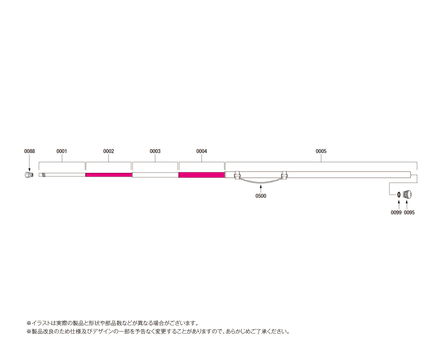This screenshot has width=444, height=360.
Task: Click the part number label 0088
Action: click(30, 151)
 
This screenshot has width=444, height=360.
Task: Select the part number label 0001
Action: click(62, 151)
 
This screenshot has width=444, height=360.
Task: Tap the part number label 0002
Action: click(108, 151)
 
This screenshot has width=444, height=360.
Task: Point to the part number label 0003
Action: click(155, 151)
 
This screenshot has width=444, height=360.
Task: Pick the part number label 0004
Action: click(201, 151)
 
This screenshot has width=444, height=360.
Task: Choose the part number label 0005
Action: click(321, 151)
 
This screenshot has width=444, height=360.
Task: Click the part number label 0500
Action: click(261, 196)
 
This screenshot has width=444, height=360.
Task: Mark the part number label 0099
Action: click(396, 212)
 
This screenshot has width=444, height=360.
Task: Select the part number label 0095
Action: click(409, 212)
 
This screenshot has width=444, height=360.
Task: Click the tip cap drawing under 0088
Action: click(28, 175)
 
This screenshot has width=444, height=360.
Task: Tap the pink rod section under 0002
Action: click(109, 175)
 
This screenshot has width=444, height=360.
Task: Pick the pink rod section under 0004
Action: click(201, 175)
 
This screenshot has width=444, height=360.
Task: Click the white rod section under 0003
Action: click(155, 175)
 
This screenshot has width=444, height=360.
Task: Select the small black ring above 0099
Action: click(398, 195)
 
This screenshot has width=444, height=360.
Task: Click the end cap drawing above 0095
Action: click(407, 195)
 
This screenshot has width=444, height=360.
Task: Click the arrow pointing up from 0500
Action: click(260, 188)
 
